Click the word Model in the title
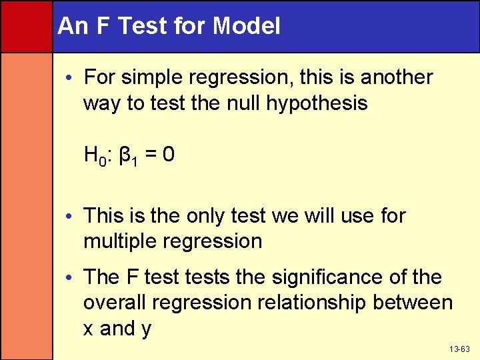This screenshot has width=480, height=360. [247, 27]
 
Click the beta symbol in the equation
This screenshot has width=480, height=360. [127, 157]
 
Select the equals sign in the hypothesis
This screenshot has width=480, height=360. [151, 156]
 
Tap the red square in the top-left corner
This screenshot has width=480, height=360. [26, 26]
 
